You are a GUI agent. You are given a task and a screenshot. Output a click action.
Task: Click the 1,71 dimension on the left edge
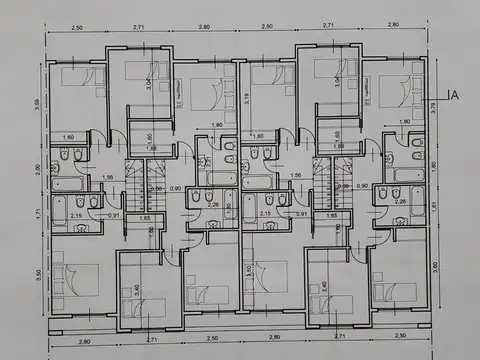click(x=36, y=214)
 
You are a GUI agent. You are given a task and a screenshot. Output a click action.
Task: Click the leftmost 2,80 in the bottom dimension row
click(x=82, y=340)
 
